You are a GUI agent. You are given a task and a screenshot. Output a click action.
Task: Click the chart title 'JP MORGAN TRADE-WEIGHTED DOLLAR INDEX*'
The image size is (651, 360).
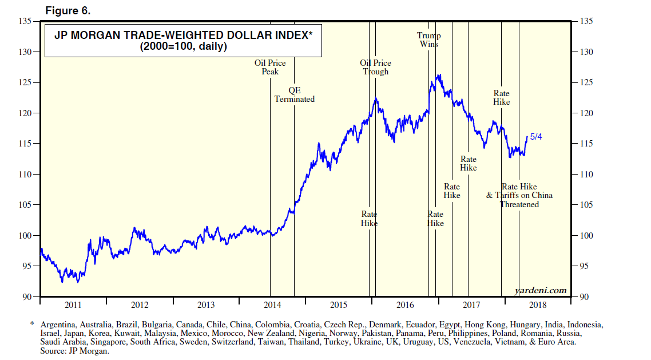point(183,35)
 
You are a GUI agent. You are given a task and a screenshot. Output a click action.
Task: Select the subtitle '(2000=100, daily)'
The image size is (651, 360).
point(183,47)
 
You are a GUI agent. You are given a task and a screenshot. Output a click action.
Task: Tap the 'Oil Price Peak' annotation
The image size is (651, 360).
point(270,67)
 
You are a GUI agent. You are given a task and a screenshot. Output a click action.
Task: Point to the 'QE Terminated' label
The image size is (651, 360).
point(294,94)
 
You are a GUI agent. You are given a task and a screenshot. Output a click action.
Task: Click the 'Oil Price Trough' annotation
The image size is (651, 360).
point(375,67)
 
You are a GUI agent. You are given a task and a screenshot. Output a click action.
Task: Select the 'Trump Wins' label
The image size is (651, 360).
point(429,39)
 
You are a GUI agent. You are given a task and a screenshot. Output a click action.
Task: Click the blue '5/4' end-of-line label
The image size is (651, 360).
point(536,136)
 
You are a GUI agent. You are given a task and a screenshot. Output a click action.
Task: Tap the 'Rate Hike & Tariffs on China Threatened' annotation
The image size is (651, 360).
point(519,195)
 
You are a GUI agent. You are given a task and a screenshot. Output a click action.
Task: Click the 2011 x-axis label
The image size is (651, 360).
point(73,304)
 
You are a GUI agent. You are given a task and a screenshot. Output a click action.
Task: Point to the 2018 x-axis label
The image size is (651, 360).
point(538,304)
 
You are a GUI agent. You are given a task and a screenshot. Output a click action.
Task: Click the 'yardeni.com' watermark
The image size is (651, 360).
point(541,290)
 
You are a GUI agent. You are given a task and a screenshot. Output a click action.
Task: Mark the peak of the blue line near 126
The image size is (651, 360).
point(439,74)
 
